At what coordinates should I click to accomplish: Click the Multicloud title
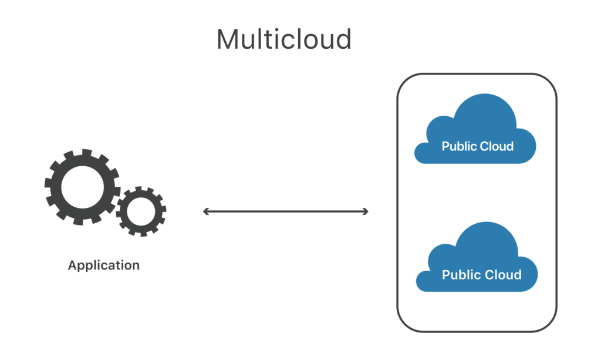point(284,39)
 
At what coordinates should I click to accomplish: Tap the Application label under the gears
point(103,265)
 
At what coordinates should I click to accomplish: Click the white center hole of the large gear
point(82,187)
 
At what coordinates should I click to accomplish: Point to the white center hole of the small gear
point(141,211)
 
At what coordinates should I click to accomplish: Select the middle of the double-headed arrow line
point(286,211)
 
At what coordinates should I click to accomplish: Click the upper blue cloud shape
point(475,130)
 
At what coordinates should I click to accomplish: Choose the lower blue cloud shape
point(477,259)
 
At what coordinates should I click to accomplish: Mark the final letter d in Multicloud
point(343,39)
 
